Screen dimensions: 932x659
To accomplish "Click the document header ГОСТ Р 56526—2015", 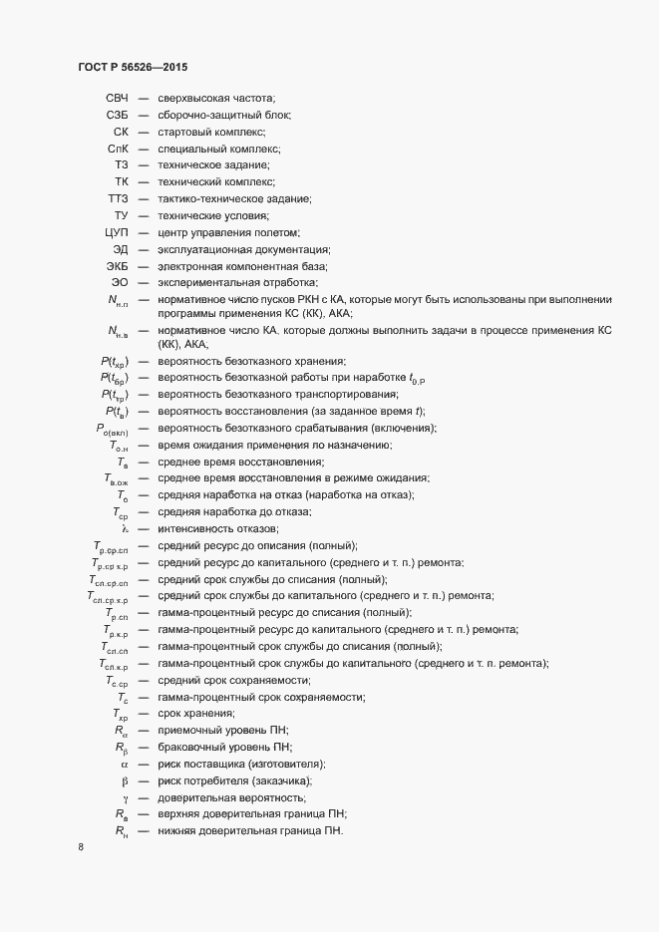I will [x=133, y=66].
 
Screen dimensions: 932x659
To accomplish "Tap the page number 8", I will [x=80, y=849].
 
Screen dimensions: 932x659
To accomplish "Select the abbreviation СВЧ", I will [x=117, y=97].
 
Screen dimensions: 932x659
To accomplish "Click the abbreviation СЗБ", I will [x=117, y=114].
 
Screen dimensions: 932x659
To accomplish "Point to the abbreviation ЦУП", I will [x=117, y=232].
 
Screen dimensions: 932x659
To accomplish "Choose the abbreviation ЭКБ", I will [x=118, y=266].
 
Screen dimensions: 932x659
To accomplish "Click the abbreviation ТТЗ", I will [x=119, y=198].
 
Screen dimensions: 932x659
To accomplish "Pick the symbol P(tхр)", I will [x=114, y=360].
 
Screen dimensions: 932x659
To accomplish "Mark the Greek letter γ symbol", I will [x=126, y=797].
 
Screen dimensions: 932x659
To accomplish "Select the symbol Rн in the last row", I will [x=122, y=831].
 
